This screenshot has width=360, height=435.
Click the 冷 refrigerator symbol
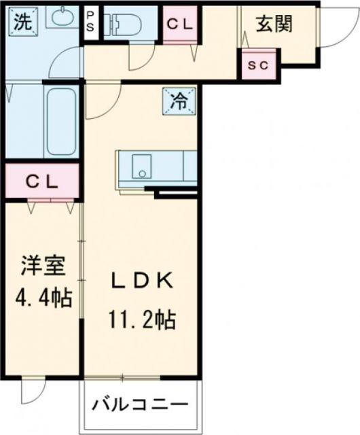tap(179, 102)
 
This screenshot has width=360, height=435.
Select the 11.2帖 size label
tap(141, 317)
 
